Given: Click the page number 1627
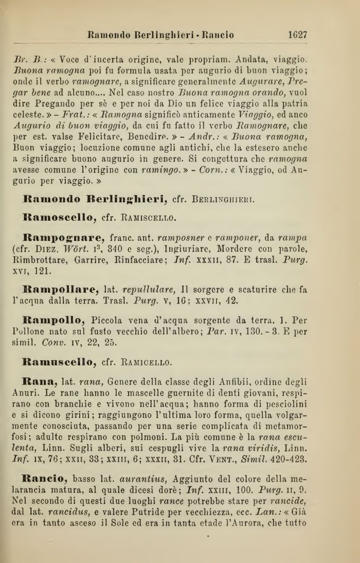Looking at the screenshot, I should pyautogui.click(x=297, y=35).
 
